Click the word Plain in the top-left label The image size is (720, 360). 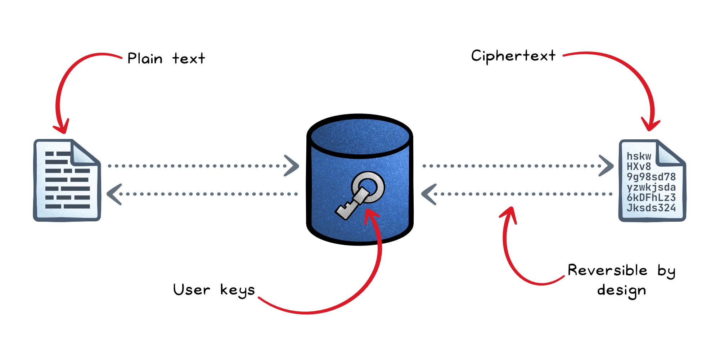click(x=145, y=59)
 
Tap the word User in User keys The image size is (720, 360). click(x=192, y=289)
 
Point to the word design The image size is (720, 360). click(x=621, y=290)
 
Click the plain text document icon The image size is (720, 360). click(x=67, y=180)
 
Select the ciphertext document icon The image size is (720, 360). click(x=652, y=180)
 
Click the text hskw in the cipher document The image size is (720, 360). click(x=639, y=156)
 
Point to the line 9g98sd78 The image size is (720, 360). click(x=651, y=177)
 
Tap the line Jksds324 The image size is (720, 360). click(x=651, y=208)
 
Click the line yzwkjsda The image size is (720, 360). click(x=651, y=187)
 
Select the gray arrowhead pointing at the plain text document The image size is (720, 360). click(x=114, y=194)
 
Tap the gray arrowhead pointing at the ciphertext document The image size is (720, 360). click(x=607, y=166)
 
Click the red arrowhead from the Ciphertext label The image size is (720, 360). click(x=650, y=124)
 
